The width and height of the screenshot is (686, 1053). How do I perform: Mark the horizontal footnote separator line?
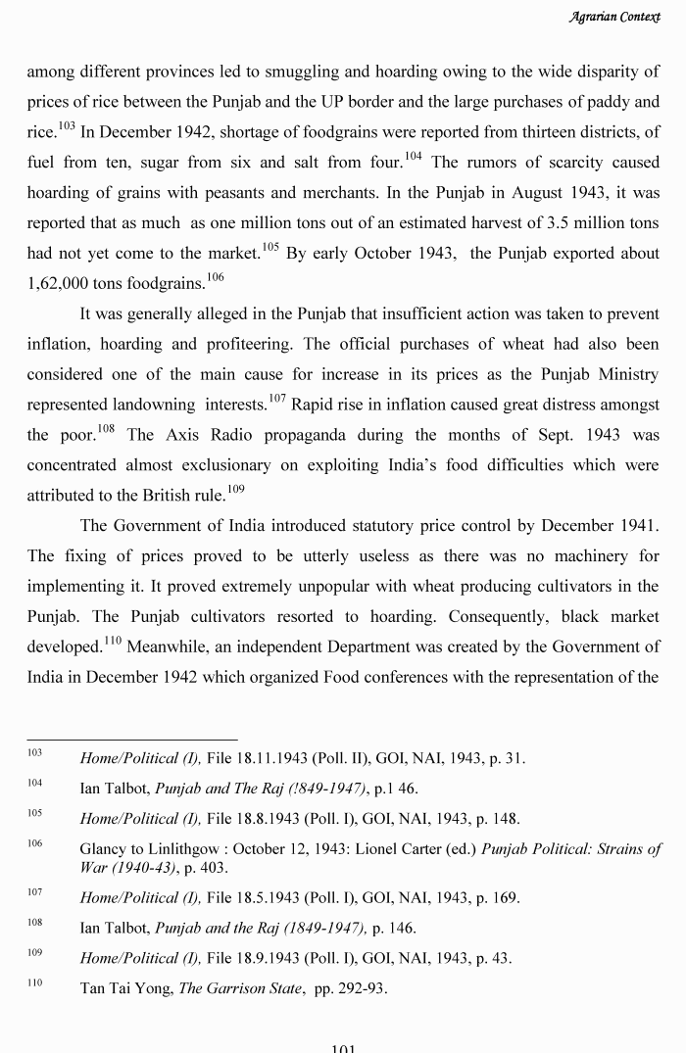(131, 740)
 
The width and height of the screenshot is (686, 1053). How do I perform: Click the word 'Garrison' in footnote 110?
(238, 988)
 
